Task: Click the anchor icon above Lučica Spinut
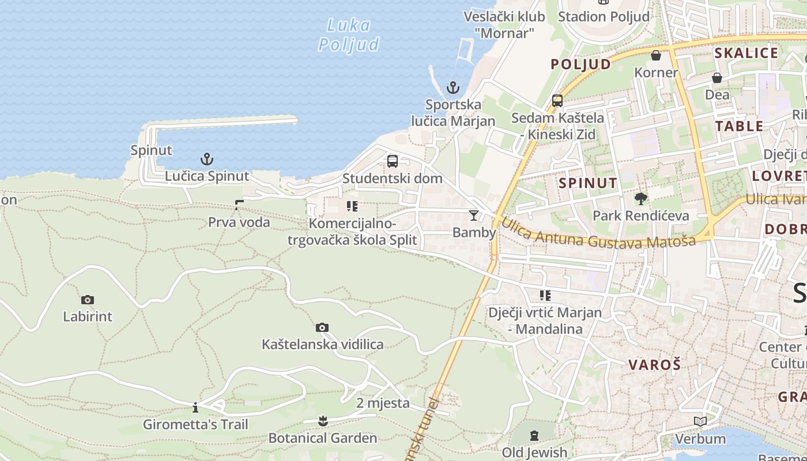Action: point(206,158)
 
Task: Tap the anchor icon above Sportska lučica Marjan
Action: point(453,88)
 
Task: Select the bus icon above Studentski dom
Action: point(393,161)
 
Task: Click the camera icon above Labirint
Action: point(88,300)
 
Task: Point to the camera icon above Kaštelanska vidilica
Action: point(322,327)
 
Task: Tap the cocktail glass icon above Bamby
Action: point(474,215)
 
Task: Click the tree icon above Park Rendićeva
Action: point(640,199)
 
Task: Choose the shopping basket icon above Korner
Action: point(656,55)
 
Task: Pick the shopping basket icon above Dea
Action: point(717,77)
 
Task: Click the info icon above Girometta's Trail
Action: point(195,408)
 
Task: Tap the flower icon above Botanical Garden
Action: point(323,421)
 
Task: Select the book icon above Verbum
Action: point(700,422)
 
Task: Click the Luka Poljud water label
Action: point(349,35)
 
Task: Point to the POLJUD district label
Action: point(580,64)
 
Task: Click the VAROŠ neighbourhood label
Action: point(654,364)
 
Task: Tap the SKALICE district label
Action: point(746,53)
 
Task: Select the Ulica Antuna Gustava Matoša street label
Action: point(598,234)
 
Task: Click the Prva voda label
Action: point(239,222)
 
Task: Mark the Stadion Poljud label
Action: point(604,16)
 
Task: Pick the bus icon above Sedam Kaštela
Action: point(557,100)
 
